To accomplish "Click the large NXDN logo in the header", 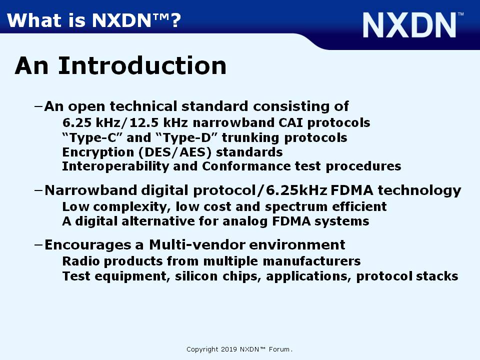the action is point(413,25).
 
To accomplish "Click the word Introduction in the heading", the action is point(142,66).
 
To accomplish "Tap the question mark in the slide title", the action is point(175,20).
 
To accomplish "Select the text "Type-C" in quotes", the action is point(92,138).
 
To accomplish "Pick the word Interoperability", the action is point(115,166).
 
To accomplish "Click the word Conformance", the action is point(246,166).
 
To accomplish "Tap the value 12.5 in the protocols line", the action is point(144,123).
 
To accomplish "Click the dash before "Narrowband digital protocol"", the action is point(38,190).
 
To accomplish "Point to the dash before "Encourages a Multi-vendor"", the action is point(38,244).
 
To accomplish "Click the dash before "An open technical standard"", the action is point(38,106).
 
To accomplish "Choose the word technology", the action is point(419,190).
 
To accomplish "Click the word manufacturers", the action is point(311,261).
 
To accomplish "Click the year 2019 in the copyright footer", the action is point(228,349).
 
